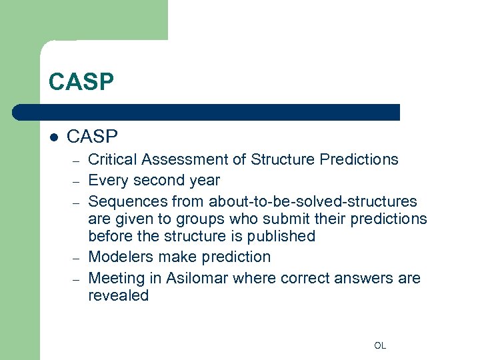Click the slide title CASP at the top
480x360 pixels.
[x=81, y=82]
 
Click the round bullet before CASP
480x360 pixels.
[x=55, y=137]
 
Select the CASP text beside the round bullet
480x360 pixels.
[x=93, y=137]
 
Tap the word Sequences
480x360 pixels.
[x=129, y=201]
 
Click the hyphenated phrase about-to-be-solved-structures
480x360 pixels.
[x=313, y=201]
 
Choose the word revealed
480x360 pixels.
[x=118, y=296]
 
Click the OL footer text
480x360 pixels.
[x=380, y=345]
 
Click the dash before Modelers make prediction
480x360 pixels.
[x=77, y=258]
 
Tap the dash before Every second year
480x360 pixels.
[x=77, y=181]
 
